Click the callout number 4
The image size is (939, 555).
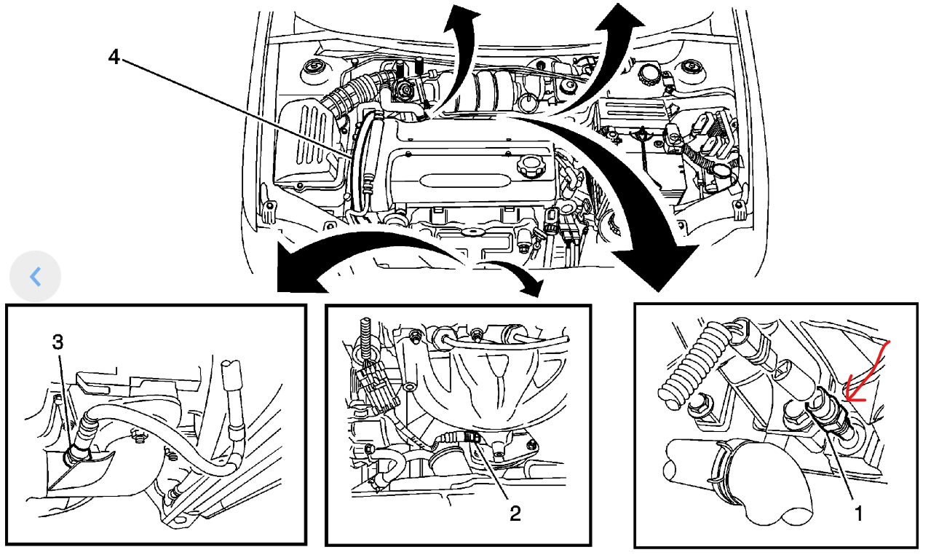[114, 57]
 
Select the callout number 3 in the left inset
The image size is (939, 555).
[58, 342]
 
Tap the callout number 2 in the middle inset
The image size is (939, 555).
[515, 513]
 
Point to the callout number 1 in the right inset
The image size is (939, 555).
[858, 513]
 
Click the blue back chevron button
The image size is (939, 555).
[35, 277]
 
